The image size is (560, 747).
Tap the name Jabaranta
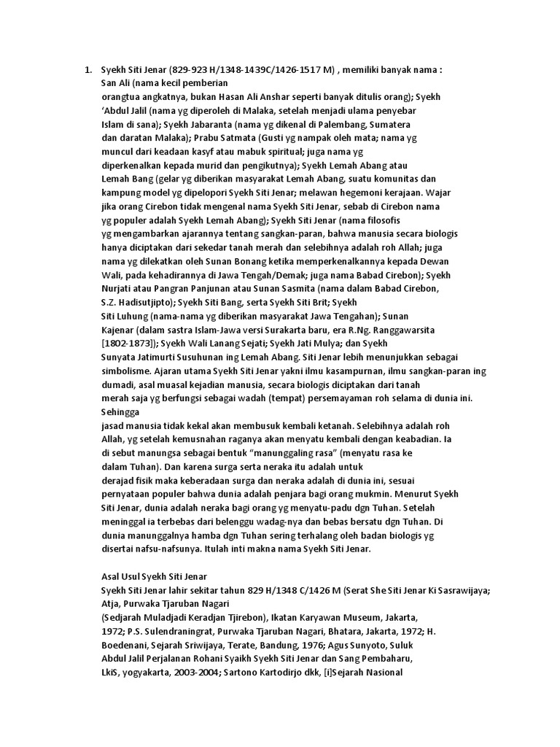click(x=219, y=125)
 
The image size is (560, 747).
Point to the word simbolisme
click(x=128, y=371)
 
